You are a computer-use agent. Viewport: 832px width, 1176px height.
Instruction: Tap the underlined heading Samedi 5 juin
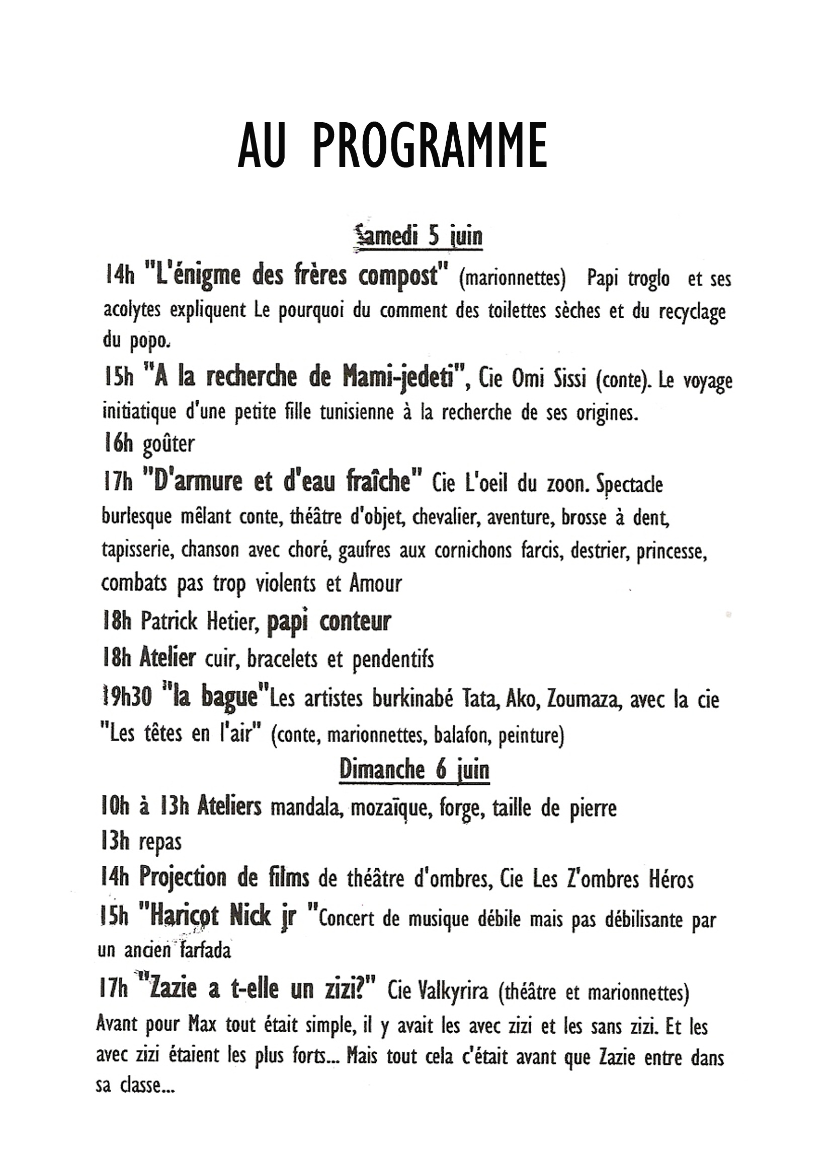(419, 237)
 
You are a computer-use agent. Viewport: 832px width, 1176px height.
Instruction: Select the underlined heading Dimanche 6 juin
(414, 770)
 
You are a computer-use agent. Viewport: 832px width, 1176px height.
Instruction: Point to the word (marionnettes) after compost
(512, 279)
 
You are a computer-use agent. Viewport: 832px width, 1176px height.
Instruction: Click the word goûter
(169, 444)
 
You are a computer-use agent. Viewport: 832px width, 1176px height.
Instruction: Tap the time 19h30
(127, 698)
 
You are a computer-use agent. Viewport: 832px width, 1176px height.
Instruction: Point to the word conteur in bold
(355, 622)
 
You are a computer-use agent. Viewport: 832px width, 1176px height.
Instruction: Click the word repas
(160, 843)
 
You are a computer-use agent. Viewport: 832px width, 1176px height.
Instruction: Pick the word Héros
(671, 879)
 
